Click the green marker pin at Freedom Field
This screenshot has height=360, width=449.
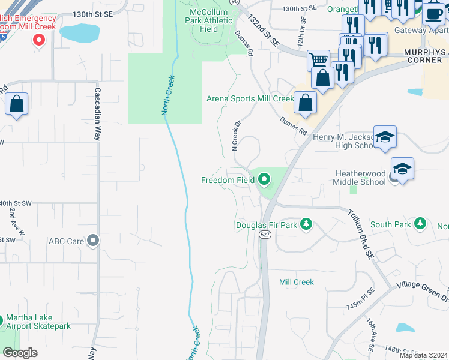point(264,179)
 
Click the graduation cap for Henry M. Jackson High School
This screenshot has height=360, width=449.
point(385,137)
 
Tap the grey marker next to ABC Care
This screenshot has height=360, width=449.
point(92,241)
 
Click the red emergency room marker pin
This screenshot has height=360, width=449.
point(40,40)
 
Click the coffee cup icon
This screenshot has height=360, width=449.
point(433,13)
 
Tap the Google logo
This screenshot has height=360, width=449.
point(20,353)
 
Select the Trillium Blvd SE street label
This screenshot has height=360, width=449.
point(360,234)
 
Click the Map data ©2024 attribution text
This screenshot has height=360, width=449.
point(423,355)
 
